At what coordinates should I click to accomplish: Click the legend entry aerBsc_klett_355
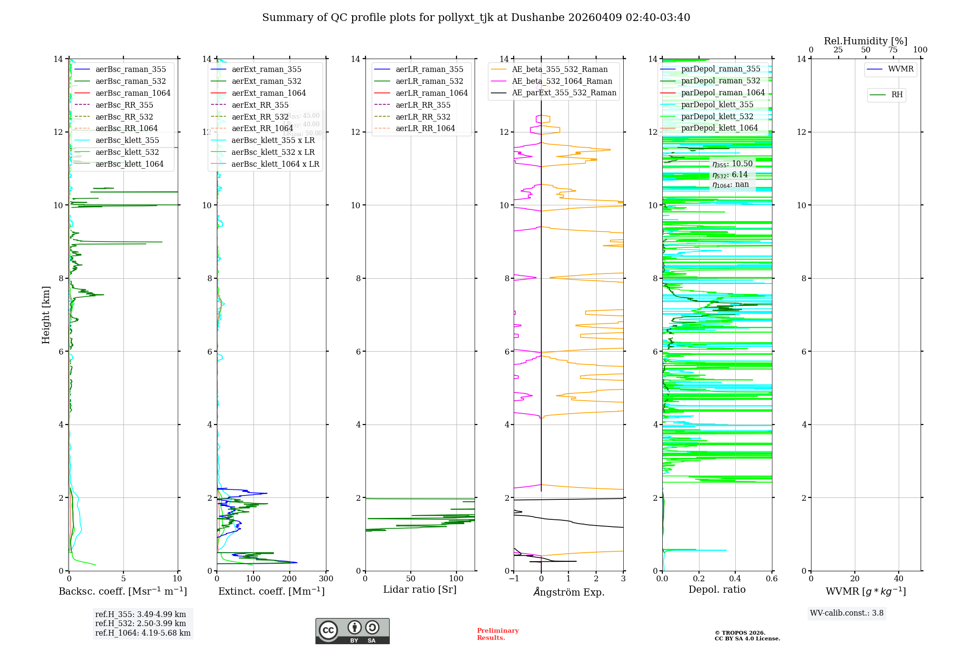point(127,141)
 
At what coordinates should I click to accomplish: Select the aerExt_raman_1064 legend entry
point(269,93)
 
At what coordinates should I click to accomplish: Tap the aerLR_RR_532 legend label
point(423,117)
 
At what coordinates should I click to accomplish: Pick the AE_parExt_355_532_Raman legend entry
point(564,93)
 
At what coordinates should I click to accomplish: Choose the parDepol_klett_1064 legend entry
point(719,128)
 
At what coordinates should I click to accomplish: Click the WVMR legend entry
point(901,69)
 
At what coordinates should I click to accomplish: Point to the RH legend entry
point(897,95)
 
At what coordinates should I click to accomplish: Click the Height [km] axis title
point(46,315)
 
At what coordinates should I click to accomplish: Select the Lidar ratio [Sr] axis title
point(420,589)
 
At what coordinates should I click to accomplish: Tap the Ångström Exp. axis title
point(568,592)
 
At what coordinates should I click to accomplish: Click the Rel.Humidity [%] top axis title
point(865,41)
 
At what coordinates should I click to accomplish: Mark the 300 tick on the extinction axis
point(326,578)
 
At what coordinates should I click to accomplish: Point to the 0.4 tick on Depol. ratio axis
point(735,578)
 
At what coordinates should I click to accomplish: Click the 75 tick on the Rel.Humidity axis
point(893,50)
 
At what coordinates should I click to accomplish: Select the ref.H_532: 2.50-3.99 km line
point(141,624)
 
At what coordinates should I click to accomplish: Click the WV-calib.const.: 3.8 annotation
point(847,613)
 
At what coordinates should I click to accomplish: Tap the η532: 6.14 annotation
point(730,175)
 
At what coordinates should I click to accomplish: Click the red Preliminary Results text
point(497,634)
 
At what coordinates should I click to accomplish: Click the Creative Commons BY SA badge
point(352,631)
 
